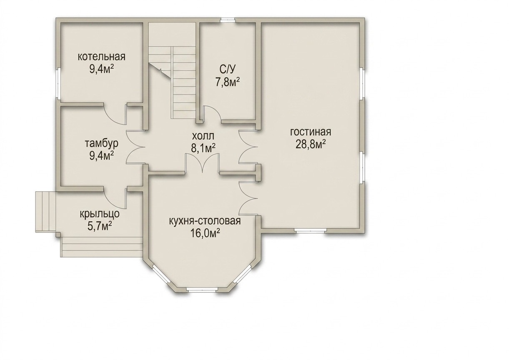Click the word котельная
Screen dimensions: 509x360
102,57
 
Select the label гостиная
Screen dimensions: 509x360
311,132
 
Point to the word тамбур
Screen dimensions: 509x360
102,145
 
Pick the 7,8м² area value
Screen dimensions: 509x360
228,82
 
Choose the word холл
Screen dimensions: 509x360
203,136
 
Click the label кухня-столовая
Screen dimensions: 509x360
205,221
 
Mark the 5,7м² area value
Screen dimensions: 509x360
100,226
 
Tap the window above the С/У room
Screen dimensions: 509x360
228,20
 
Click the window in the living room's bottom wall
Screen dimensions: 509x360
311,230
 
